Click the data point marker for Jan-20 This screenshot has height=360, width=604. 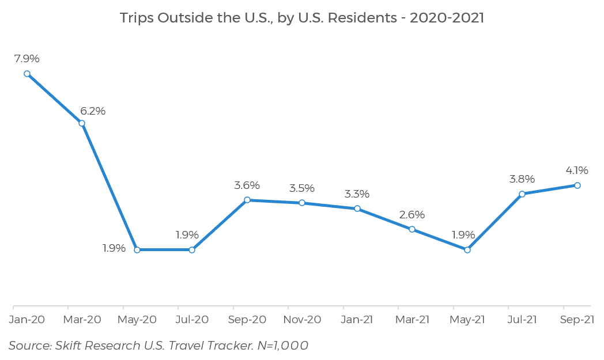coord(27,74)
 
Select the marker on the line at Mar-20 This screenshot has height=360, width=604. coord(82,123)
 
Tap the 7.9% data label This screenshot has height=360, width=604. coord(27,58)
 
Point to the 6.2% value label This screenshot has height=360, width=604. coord(93,111)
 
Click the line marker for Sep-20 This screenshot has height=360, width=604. coord(247,200)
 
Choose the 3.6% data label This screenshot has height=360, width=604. coord(247,185)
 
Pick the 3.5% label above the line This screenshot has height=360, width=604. coord(301,188)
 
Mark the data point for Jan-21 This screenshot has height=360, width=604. coord(357,209)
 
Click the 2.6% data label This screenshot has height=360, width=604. coord(412,215)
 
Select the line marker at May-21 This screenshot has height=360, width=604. coord(467,249)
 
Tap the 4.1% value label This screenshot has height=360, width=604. coord(576,170)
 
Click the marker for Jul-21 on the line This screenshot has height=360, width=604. coord(522,194)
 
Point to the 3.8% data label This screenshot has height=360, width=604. coord(522,179)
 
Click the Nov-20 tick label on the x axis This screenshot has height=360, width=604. coord(302,320)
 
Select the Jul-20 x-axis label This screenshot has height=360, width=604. coord(192,320)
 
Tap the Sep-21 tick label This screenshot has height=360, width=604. coord(577,320)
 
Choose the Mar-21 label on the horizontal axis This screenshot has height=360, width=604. coord(412,320)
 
